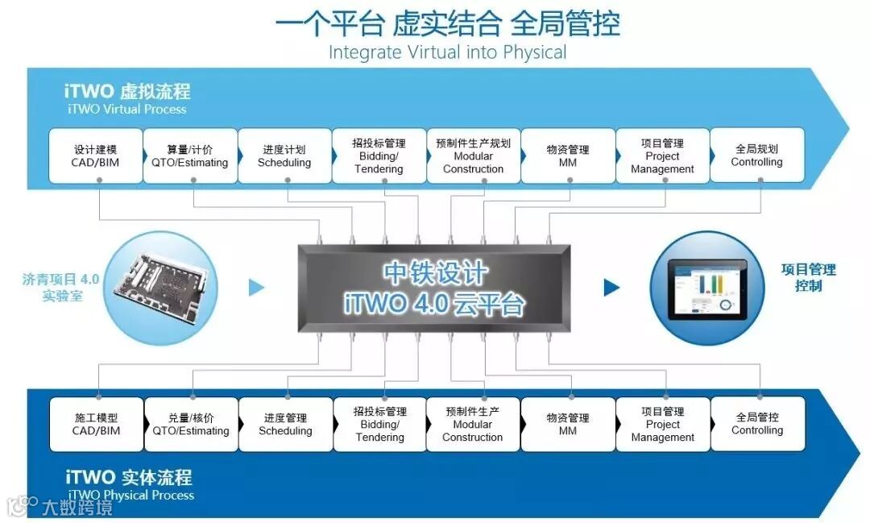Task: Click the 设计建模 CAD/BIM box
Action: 96,156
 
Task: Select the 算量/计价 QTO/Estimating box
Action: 190,156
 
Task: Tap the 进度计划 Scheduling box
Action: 284,156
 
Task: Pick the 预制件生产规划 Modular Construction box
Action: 473,156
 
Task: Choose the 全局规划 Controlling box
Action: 756,156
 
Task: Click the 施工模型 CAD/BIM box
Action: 96,424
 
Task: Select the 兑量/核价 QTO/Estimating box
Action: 191,424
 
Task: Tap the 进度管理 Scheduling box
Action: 285,424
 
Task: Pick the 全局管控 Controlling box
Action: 757,424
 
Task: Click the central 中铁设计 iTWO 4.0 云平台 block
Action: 434,288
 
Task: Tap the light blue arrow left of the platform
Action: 256,287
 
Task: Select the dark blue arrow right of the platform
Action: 611,287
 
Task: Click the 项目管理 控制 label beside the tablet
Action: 808,277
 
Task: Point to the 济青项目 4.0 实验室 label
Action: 60,287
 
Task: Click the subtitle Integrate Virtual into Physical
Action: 447,52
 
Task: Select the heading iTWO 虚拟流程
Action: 128,91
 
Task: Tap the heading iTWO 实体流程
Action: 129,478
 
